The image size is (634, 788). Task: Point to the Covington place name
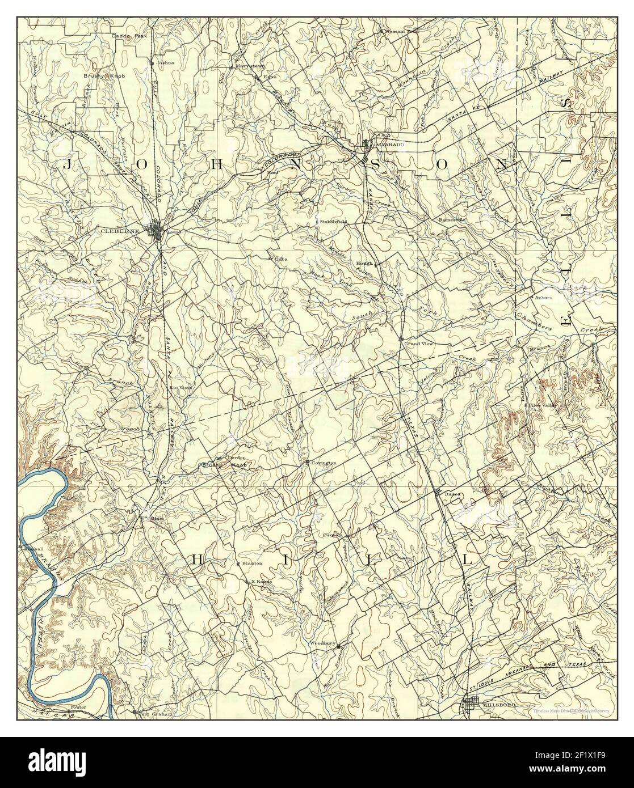pos(324,463)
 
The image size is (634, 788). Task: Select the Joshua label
pos(165,63)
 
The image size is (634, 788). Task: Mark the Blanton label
pos(252,564)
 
